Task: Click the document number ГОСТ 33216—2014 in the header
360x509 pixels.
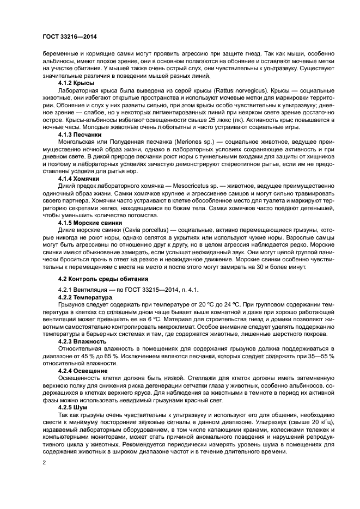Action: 73,37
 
